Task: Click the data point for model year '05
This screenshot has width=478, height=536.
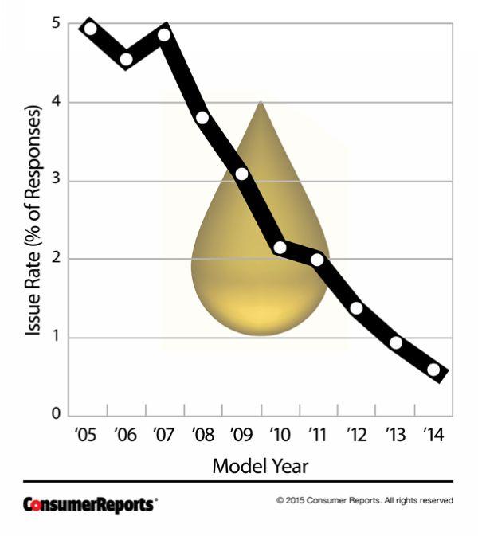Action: tap(90, 29)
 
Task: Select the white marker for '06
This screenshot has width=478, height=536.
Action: tap(127, 59)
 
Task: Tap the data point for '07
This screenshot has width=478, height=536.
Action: tap(164, 34)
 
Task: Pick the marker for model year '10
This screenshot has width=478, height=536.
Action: tap(280, 248)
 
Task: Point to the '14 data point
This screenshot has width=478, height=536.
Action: tap(433, 370)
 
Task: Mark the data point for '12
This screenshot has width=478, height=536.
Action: tap(356, 308)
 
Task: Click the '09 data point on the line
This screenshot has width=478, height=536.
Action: tap(241, 174)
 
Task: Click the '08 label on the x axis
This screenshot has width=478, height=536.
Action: tap(202, 435)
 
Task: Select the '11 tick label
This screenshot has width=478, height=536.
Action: tap(318, 435)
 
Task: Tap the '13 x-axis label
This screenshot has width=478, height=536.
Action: tap(395, 435)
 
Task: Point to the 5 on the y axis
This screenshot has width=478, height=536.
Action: tap(56, 25)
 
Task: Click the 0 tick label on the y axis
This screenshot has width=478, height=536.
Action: tap(56, 415)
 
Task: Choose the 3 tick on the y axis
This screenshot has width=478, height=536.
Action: tap(56, 181)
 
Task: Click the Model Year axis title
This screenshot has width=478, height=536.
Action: tap(260, 467)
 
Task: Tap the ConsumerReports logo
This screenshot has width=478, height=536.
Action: tap(90, 504)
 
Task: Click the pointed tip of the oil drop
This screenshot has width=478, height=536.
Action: tap(261, 103)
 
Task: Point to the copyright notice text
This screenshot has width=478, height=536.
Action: tap(365, 501)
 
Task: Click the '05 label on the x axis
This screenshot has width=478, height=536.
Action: tap(87, 435)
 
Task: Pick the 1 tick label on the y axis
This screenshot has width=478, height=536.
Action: tap(56, 337)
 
